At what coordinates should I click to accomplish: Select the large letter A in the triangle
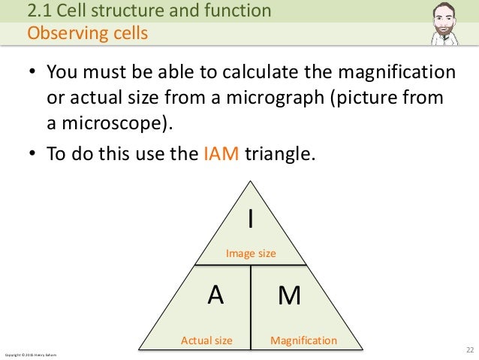click(x=215, y=295)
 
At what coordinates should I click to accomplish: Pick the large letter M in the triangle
click(x=289, y=296)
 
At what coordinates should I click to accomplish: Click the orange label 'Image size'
click(x=251, y=254)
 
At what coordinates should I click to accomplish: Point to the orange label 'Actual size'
click(x=206, y=340)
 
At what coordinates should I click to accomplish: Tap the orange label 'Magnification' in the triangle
click(x=303, y=340)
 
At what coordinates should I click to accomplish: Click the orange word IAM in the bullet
click(x=221, y=154)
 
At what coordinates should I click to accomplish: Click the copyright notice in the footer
click(x=30, y=353)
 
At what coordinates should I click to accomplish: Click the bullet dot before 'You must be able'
click(x=32, y=74)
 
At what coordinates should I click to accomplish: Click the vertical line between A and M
click(x=251, y=307)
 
